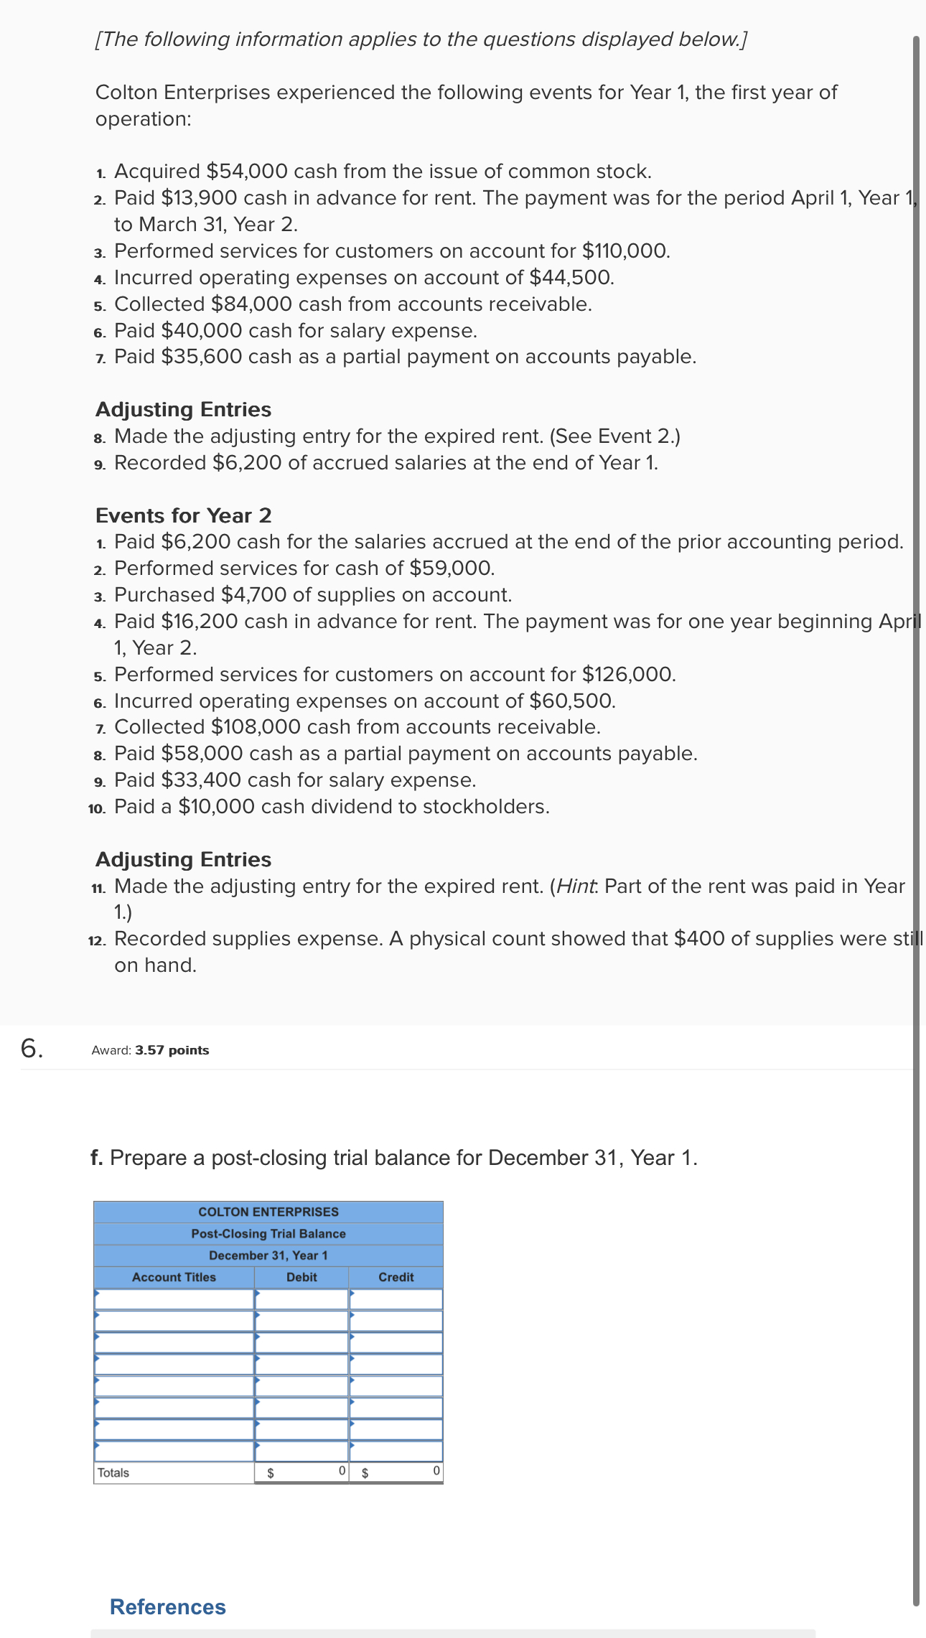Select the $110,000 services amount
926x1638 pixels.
pos(625,251)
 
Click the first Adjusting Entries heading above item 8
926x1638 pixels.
pos(183,410)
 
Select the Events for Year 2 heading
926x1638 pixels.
pos(183,515)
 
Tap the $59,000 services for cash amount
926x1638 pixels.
pos(452,568)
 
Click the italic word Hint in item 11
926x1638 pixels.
pos(576,886)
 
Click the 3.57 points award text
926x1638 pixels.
pos(172,1050)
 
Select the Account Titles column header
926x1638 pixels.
pos(174,1277)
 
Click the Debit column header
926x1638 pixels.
pos(301,1277)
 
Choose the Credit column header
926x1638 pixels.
pos(396,1277)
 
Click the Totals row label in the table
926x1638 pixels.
pos(113,1473)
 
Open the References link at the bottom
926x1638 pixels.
pos(168,1606)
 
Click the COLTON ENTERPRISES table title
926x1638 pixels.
pos(268,1212)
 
